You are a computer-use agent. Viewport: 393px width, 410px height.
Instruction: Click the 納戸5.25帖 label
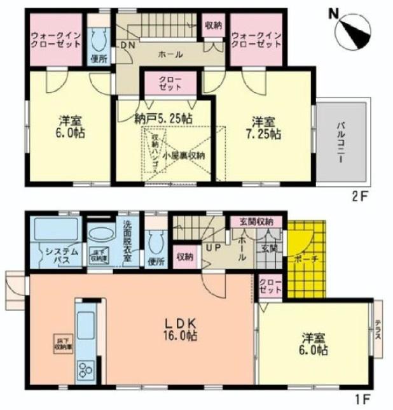click(163, 118)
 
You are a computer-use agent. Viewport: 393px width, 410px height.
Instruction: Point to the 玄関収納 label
click(256, 222)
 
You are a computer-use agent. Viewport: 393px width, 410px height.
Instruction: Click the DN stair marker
click(128, 45)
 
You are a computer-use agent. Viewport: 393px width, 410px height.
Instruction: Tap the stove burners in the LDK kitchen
click(85, 369)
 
